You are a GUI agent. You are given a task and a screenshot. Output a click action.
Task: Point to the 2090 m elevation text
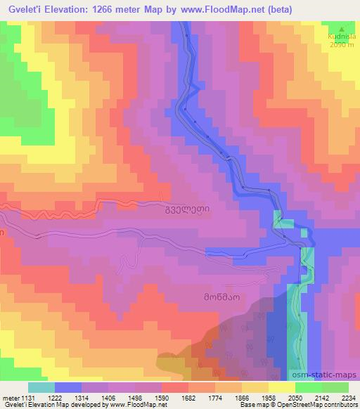click(x=343, y=46)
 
